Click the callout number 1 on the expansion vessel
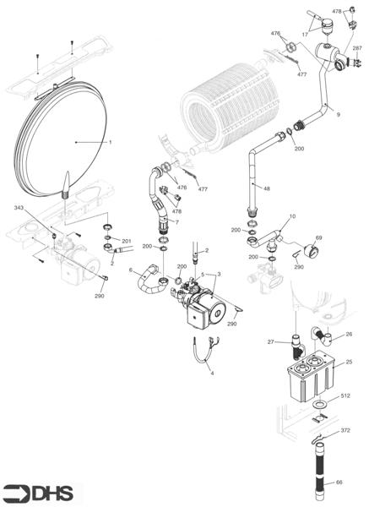(x=110, y=142)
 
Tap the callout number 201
(x=127, y=241)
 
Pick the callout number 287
(x=356, y=49)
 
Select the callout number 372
(x=345, y=431)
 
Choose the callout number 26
(x=350, y=334)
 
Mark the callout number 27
(x=272, y=342)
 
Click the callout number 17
(x=305, y=34)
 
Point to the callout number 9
(x=338, y=113)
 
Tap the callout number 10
(x=292, y=217)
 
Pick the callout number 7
(x=176, y=221)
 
